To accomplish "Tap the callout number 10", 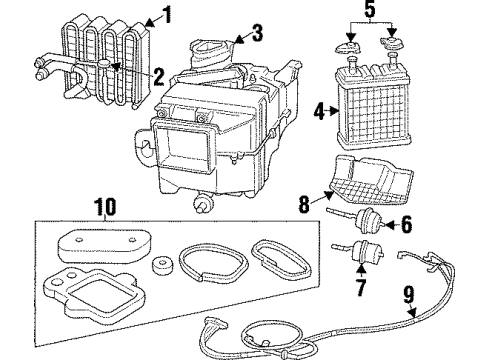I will tap(105, 208).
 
